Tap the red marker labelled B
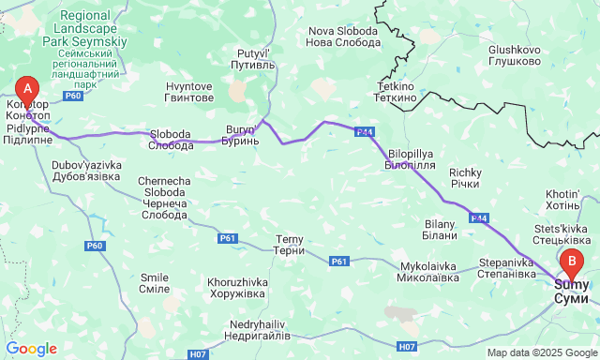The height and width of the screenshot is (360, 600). point(572,262)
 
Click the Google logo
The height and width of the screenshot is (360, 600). point(31,349)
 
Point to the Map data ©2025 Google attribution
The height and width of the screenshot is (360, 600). point(541,352)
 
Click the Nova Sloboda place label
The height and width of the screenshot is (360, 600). point(343,37)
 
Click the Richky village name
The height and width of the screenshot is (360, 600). point(465,178)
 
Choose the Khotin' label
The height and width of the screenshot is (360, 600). point(562,200)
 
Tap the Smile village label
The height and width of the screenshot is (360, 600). point(154,283)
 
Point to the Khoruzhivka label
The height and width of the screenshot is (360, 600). point(238,288)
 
